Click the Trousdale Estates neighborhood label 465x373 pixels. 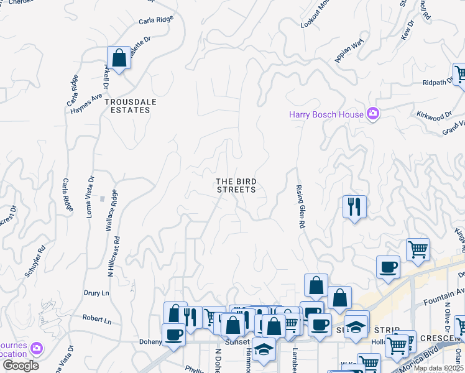tap(127, 105)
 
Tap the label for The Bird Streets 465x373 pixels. tap(236, 185)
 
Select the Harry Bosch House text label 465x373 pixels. tap(326, 114)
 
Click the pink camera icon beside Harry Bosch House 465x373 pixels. tap(373, 114)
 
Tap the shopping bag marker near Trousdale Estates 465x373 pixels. tap(119, 58)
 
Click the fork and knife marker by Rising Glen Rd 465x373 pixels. tap(354, 206)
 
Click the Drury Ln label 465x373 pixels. tap(96, 292)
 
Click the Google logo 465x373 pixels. tap(21, 366)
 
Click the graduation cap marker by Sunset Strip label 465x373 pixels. tap(356, 325)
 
